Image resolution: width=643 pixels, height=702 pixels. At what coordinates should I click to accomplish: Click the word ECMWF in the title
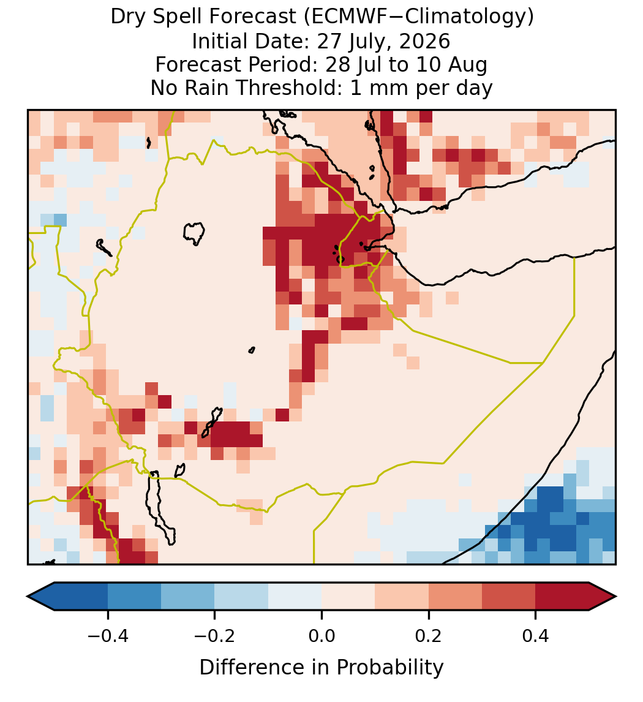click(x=342, y=17)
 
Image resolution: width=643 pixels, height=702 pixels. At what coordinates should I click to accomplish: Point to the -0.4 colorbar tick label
click(x=108, y=635)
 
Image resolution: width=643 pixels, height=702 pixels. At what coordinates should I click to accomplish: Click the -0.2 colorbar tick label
click(x=215, y=635)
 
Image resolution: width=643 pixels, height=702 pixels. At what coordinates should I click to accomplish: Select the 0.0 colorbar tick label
click(x=321, y=635)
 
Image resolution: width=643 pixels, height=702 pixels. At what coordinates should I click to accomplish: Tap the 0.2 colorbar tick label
click(x=429, y=635)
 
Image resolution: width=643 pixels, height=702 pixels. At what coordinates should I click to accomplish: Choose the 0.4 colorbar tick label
click(x=536, y=635)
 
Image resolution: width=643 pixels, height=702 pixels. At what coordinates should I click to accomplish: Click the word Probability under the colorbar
click(x=389, y=668)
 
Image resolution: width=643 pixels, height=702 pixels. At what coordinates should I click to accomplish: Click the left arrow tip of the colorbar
click(x=28, y=597)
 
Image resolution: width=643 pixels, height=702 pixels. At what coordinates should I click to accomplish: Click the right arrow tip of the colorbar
click(x=616, y=597)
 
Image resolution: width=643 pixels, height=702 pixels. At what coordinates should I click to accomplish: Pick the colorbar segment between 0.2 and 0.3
click(x=455, y=597)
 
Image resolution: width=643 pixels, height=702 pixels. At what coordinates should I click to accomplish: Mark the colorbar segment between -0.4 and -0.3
click(x=134, y=597)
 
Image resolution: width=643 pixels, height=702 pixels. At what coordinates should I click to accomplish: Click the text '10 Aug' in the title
click(x=451, y=64)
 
